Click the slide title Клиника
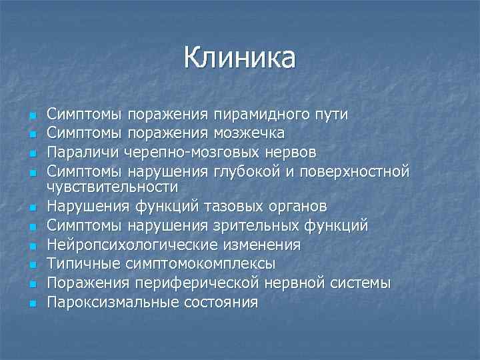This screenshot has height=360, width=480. pos(239,58)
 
